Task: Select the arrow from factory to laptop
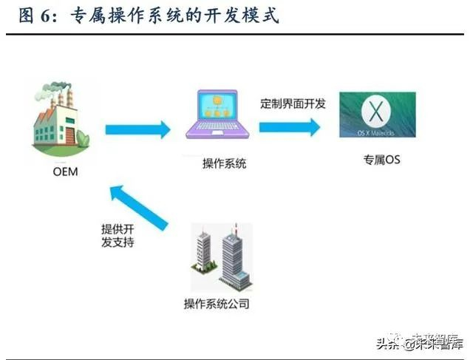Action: tap(138, 131)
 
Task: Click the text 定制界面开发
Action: tap(293, 103)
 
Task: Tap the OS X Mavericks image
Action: tap(377, 115)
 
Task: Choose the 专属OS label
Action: tap(381, 159)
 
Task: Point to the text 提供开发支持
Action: tap(118, 235)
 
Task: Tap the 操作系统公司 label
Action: tap(217, 304)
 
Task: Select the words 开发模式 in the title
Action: tap(241, 16)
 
